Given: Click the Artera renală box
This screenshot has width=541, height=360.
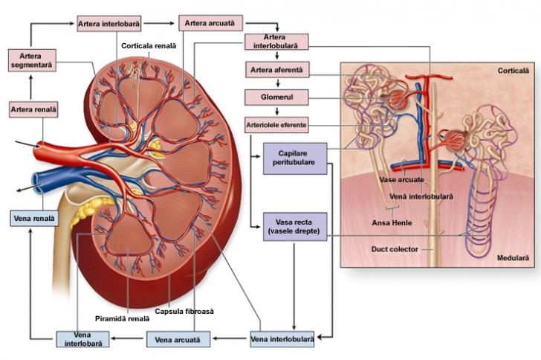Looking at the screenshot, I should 33,110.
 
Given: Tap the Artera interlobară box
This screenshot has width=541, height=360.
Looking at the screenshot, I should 109,25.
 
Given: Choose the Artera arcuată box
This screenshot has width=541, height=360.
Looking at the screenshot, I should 210,25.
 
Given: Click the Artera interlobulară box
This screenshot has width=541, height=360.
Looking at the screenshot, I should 276,41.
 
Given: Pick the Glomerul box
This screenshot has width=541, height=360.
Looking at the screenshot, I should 276,97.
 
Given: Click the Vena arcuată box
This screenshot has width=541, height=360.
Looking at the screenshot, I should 178,339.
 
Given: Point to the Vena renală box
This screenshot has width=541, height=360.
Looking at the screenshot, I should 34,219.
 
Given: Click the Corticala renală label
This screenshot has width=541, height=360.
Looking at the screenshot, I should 149,46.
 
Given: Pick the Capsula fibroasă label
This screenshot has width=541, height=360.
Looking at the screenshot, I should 184,311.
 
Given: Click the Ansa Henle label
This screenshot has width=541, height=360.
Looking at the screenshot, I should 390,222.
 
